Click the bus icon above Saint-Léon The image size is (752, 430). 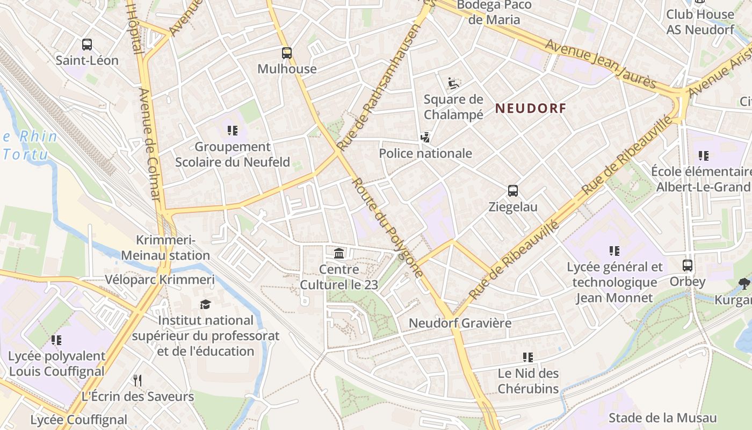(86, 45)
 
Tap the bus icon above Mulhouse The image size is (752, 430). (287, 53)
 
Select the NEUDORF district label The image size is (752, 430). (531, 108)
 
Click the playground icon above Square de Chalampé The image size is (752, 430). (453, 83)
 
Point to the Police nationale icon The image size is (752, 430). (425, 138)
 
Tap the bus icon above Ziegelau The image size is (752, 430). (513, 191)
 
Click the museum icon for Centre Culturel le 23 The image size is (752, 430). (339, 253)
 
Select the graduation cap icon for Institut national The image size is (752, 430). (205, 305)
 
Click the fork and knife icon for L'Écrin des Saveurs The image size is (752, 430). (138, 381)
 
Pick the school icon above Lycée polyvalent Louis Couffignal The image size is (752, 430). (56, 340)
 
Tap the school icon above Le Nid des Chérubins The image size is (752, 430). (528, 357)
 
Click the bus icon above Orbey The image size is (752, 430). (688, 266)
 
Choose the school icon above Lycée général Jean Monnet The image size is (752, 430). (614, 251)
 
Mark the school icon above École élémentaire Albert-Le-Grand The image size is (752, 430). (703, 156)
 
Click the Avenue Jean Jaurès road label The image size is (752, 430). (601, 63)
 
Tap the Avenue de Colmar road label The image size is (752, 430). (150, 144)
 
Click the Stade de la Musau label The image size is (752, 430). (662, 418)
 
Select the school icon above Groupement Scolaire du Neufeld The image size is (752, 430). (233, 131)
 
